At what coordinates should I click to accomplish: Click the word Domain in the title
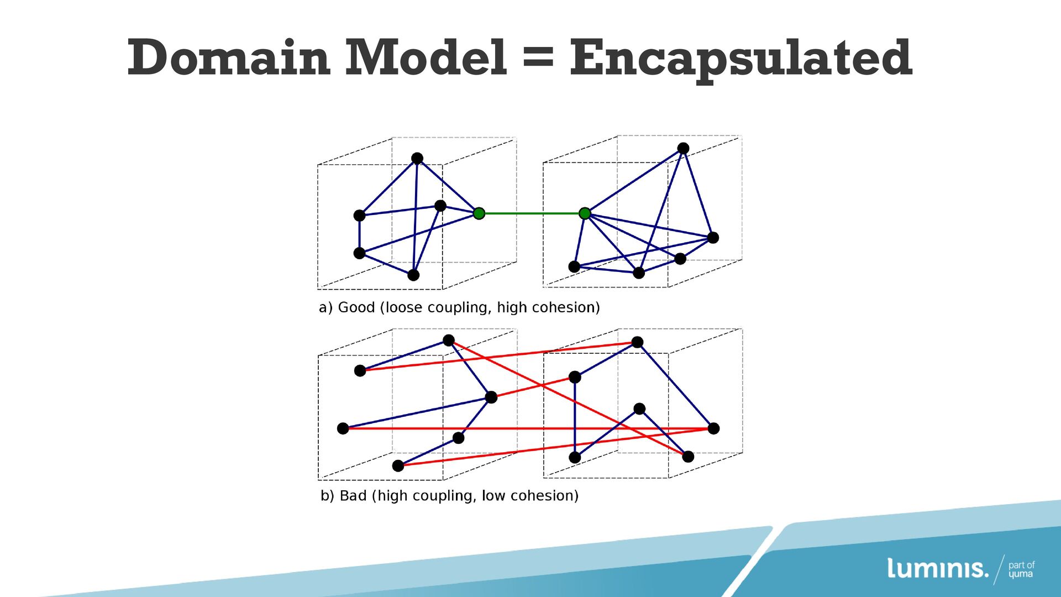pyautogui.click(x=229, y=58)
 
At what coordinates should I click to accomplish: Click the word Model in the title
pyautogui.click(x=426, y=58)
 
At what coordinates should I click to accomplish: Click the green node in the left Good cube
pyautogui.click(x=479, y=213)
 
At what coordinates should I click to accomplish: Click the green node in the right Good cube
pyautogui.click(x=585, y=213)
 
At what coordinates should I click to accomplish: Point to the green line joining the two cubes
pyautogui.click(x=532, y=213)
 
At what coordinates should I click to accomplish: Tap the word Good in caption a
pyautogui.click(x=356, y=307)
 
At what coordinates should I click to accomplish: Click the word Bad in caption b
pyautogui.click(x=353, y=496)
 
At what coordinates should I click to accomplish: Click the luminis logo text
pyautogui.click(x=937, y=568)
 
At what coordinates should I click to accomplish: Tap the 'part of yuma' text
pyautogui.click(x=1021, y=569)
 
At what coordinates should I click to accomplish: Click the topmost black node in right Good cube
pyautogui.click(x=683, y=148)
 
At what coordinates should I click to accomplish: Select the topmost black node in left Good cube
pyautogui.click(x=417, y=159)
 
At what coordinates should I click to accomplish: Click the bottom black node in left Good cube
pyautogui.click(x=413, y=275)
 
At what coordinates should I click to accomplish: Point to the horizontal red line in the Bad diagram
pyautogui.click(x=525, y=428)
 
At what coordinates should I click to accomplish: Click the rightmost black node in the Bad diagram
pyautogui.click(x=713, y=428)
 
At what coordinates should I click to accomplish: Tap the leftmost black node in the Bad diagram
pyautogui.click(x=343, y=428)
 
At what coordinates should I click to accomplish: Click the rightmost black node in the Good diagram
pyautogui.click(x=713, y=238)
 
